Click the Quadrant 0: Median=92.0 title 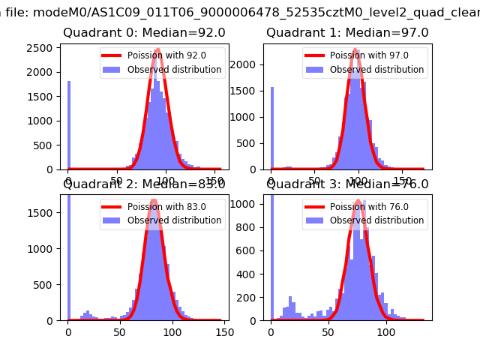point(144,33)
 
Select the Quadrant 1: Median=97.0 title point(347,33)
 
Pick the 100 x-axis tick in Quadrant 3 point(385,332)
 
